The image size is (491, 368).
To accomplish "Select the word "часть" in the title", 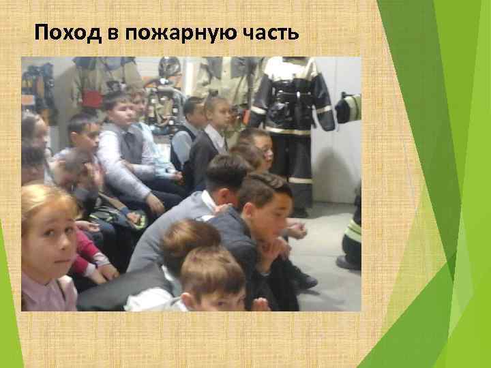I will pyautogui.click(x=269, y=33).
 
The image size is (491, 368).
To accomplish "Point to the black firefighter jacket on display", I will pyautogui.click(x=290, y=95).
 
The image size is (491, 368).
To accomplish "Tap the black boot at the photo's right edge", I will pyautogui.click(x=350, y=260).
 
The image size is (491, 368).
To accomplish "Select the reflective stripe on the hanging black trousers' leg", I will pyautogui.click(x=300, y=180).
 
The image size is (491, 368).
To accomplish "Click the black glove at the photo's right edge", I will pyautogui.click(x=348, y=109).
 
